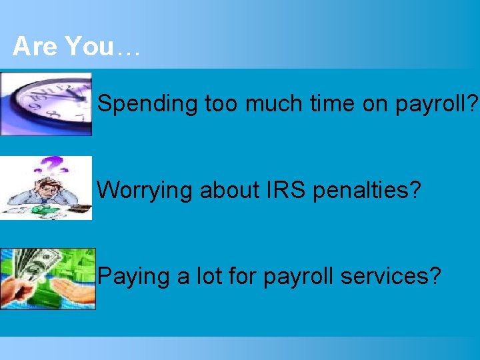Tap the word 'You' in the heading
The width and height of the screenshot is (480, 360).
(x=89, y=47)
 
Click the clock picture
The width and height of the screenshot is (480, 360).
(x=47, y=103)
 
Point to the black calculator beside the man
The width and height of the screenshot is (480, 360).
(x=81, y=209)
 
